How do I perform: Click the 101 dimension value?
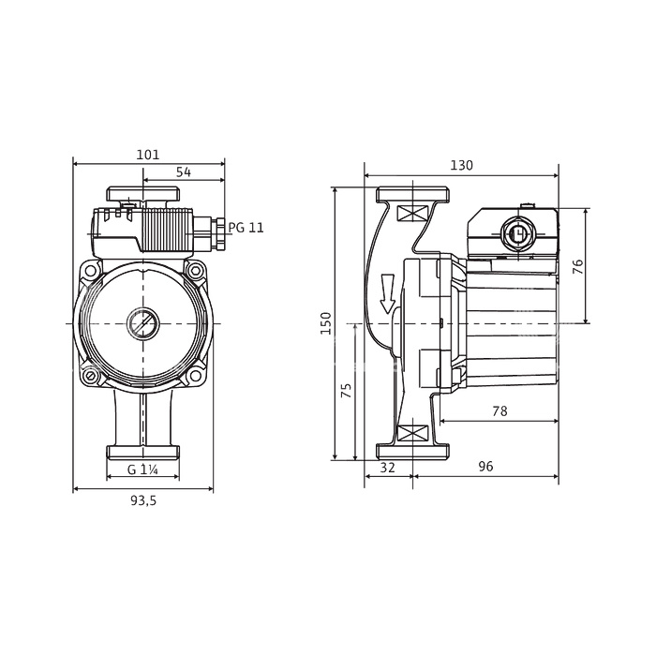click(x=148, y=155)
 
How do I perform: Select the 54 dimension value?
click(x=184, y=171)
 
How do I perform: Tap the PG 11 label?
click(x=246, y=228)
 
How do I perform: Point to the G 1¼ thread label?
click(x=142, y=470)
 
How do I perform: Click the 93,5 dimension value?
click(x=143, y=500)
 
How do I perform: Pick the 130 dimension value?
click(x=461, y=165)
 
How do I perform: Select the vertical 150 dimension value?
click(x=326, y=323)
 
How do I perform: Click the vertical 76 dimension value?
click(x=577, y=266)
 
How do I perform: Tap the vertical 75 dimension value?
click(x=347, y=391)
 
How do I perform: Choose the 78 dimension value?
click(x=499, y=411)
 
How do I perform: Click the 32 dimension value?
click(x=387, y=467)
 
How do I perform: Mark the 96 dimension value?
click(x=485, y=466)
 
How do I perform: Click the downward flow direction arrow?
click(x=387, y=293)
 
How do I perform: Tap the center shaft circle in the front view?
click(x=143, y=323)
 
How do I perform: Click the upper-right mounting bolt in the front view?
click(x=195, y=271)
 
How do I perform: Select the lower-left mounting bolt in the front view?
click(x=90, y=376)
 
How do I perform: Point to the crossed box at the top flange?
click(x=412, y=213)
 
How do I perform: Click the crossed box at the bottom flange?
click(x=412, y=433)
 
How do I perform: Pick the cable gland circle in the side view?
click(x=518, y=233)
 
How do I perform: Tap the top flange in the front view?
click(x=143, y=194)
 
